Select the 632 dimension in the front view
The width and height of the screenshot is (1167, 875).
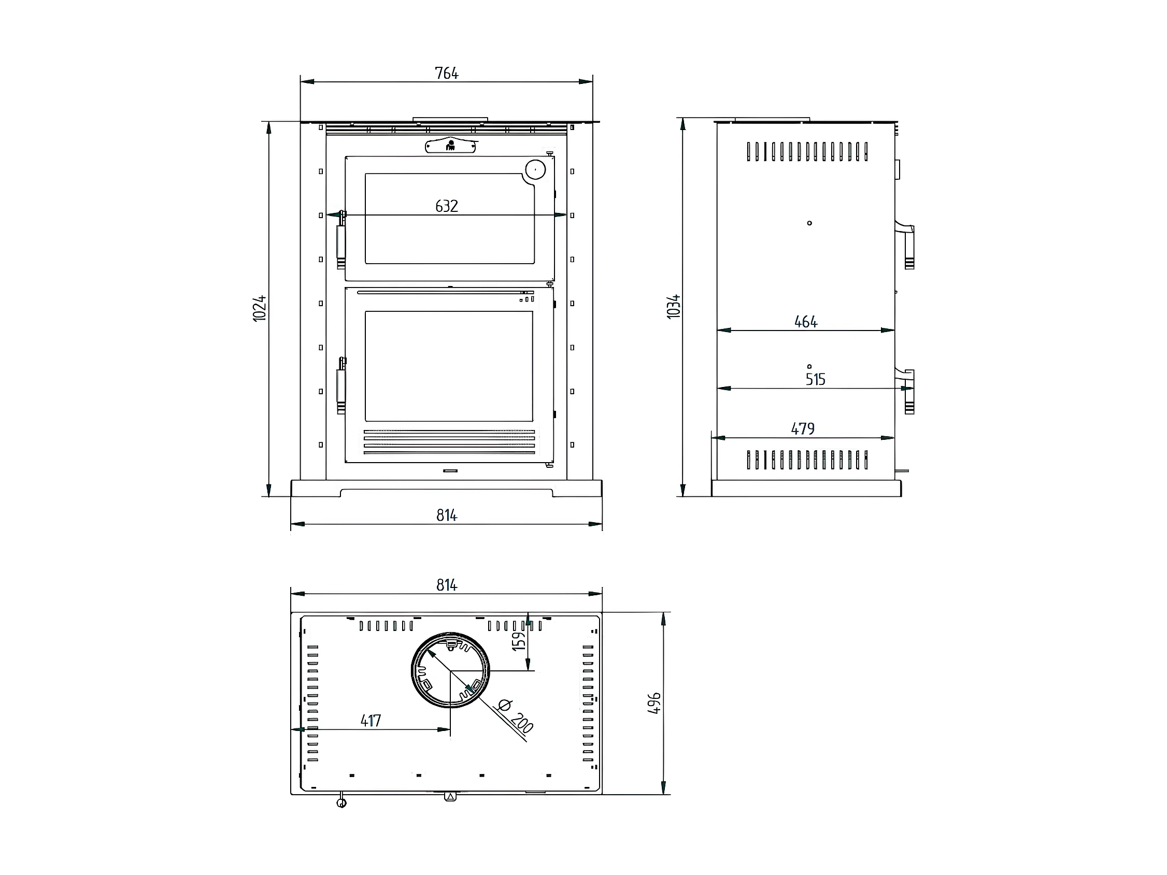tap(446, 206)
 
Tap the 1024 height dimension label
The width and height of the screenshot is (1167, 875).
tap(260, 309)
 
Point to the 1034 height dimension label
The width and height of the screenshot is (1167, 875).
tap(674, 307)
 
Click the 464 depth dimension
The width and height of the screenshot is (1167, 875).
tap(806, 322)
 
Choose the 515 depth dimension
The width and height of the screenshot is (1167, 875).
tap(815, 379)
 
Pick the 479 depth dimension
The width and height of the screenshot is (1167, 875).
tap(803, 429)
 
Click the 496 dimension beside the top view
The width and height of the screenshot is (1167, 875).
tap(654, 703)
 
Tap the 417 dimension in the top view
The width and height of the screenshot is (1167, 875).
tap(371, 721)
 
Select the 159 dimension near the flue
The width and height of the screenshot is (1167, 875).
tap(520, 640)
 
